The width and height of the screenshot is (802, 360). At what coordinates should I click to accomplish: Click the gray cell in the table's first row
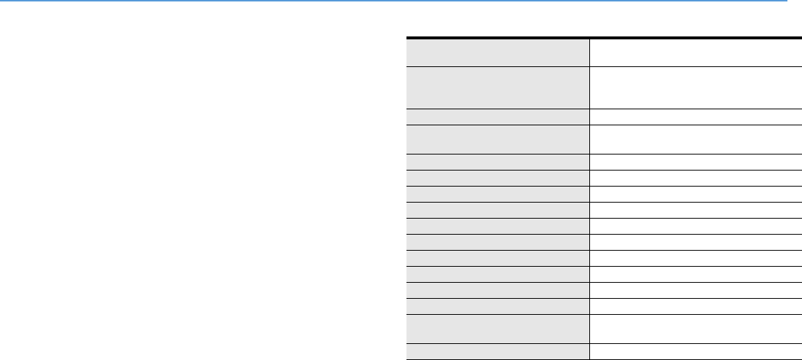[498, 52]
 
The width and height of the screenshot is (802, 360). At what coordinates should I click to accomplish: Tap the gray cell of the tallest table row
[498, 87]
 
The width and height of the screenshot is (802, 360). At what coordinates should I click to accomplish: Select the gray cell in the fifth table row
[498, 162]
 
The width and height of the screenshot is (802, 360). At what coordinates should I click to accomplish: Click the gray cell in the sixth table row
[498, 178]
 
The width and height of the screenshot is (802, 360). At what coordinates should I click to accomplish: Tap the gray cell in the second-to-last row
[498, 329]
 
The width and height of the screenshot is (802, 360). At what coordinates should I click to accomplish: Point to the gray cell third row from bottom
[498, 306]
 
